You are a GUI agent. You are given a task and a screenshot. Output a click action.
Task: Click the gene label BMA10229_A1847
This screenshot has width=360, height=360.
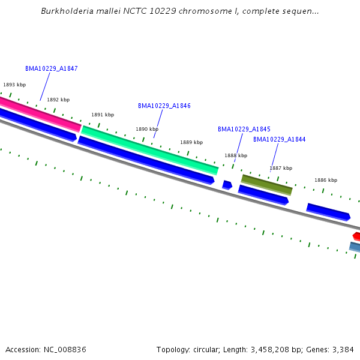click(x=51, y=68)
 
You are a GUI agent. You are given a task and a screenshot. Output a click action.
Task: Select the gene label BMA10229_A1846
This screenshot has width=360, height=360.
click(x=164, y=106)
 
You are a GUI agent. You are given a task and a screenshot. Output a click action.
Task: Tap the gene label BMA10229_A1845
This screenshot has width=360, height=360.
click(x=244, y=129)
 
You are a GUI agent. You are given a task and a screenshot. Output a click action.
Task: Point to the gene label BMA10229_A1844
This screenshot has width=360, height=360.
click(x=279, y=139)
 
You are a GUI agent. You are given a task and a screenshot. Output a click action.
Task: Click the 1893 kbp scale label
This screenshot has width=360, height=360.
click(x=14, y=85)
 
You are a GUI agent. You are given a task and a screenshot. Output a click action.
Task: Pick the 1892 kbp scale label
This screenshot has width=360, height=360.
click(x=58, y=100)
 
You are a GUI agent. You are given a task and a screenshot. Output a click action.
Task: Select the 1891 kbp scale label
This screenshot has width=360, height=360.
click(x=103, y=115)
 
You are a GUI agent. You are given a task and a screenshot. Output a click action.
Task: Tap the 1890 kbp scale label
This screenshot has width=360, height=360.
click(x=147, y=129)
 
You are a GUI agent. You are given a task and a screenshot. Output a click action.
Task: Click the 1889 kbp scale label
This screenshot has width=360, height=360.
click(x=191, y=142)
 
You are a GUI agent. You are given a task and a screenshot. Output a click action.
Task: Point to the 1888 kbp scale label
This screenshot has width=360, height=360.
click(x=236, y=155)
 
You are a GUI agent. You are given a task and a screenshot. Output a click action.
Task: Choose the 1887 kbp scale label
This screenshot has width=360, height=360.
click(x=281, y=168)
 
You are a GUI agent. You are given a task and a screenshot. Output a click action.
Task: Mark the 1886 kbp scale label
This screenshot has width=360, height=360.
click(x=326, y=180)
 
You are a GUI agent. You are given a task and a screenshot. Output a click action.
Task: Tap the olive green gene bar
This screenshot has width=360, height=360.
click(x=266, y=185)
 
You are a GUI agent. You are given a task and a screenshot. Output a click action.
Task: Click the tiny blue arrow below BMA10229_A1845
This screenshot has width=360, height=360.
click(x=227, y=185)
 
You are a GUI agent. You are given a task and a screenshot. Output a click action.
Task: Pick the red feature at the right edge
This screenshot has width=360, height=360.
click(x=356, y=236)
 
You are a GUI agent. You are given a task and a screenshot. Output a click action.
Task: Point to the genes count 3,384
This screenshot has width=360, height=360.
click(x=342, y=349)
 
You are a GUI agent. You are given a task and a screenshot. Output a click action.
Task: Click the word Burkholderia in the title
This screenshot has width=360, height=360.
click(x=64, y=11)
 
